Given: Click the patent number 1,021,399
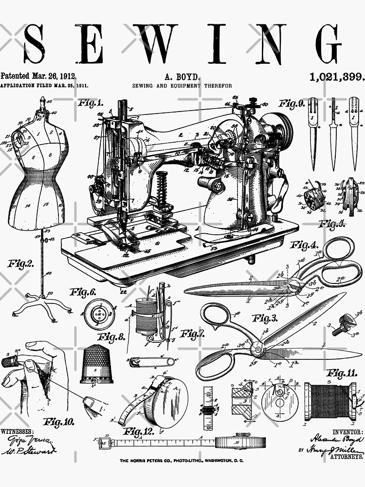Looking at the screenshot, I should point(337,76).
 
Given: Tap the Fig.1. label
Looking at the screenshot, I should point(91,103).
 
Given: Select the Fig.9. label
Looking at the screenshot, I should point(292,103).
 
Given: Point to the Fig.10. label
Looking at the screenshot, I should point(59,421).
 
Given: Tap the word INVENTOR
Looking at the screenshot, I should point(347,432).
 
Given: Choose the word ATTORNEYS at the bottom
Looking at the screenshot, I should point(346,457).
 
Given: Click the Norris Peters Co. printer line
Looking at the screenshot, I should point(182,460).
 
